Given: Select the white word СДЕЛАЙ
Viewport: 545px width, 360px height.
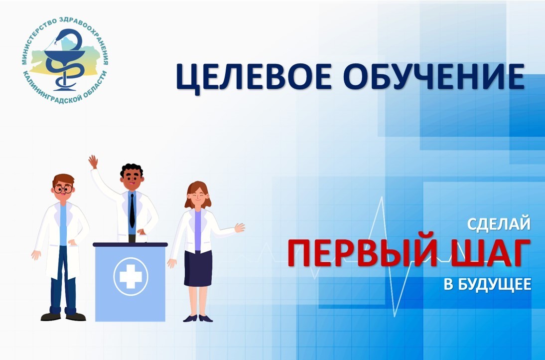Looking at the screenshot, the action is [x=499, y=224].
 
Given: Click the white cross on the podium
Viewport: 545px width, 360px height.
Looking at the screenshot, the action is [x=131, y=277].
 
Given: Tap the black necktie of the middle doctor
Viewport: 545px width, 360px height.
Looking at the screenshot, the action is [x=132, y=210].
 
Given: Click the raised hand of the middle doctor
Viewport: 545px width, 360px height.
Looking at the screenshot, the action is [x=93, y=162].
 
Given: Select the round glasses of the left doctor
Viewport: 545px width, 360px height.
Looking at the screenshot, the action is [x=63, y=189].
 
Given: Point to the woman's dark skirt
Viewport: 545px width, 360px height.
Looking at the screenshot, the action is [x=198, y=268].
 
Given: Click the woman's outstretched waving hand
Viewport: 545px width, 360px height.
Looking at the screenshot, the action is [x=240, y=228].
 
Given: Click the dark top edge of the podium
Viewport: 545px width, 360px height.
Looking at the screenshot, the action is [x=131, y=244].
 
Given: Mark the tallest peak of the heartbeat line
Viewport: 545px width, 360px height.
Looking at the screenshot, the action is [x=382, y=198].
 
